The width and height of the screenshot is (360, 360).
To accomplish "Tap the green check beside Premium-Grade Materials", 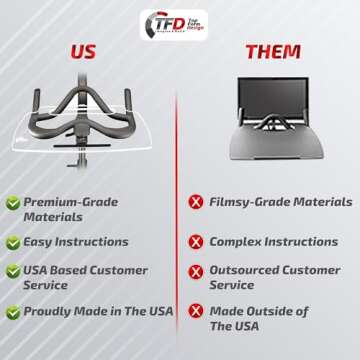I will pos(12,203).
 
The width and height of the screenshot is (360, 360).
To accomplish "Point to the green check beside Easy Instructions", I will pos(12,242).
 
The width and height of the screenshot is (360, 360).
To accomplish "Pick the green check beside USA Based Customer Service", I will pos(12,271).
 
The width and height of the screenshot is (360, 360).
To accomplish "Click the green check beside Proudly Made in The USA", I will pos(12,311).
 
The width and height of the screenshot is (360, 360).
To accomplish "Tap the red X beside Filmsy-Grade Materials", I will pos(195,204).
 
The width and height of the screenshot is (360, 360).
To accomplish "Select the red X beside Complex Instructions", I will pos(195,242).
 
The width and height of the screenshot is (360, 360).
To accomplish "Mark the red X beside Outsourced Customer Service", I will pos(195,270).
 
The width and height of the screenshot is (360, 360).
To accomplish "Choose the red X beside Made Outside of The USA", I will pos(195,311).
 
